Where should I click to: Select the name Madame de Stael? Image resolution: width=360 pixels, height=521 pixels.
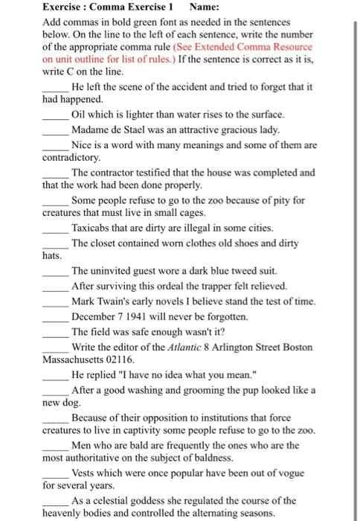109,130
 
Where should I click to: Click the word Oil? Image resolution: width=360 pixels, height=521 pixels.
80,115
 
